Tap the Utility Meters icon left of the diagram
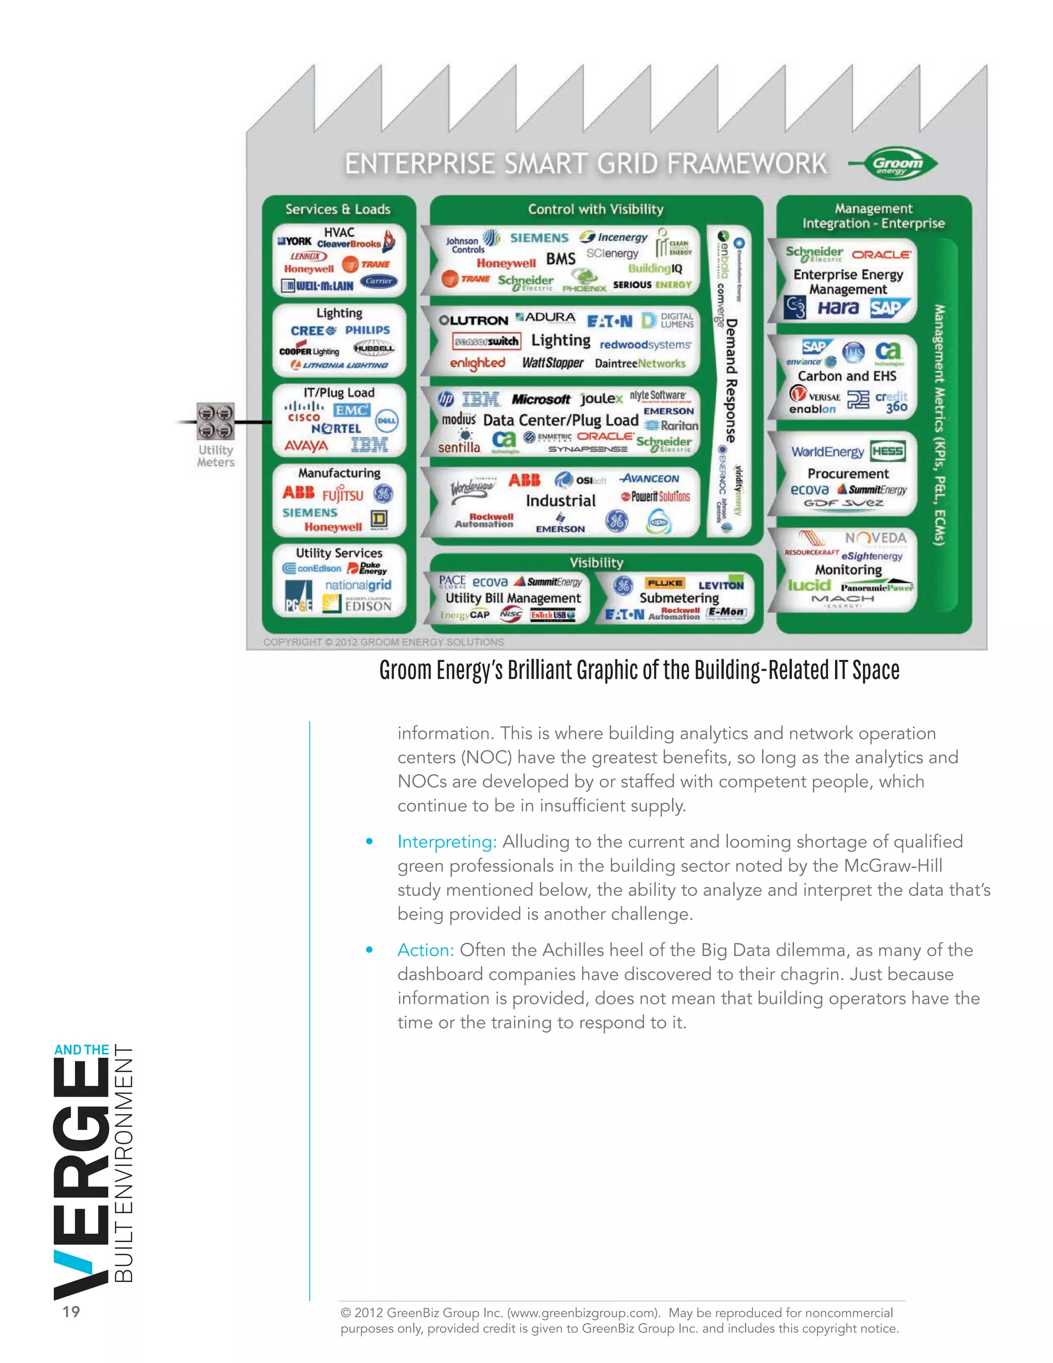(215, 421)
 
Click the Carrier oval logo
(378, 281)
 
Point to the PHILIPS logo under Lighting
(368, 330)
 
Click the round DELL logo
(386, 421)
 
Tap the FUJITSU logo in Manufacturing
(342, 495)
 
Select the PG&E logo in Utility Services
(298, 596)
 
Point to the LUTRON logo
(474, 320)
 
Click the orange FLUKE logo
(664, 583)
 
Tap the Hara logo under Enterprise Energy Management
(838, 308)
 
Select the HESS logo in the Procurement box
(887, 451)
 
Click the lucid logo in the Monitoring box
(809, 585)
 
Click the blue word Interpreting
(447, 841)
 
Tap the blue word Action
(425, 950)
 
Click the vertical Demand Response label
(731, 381)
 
